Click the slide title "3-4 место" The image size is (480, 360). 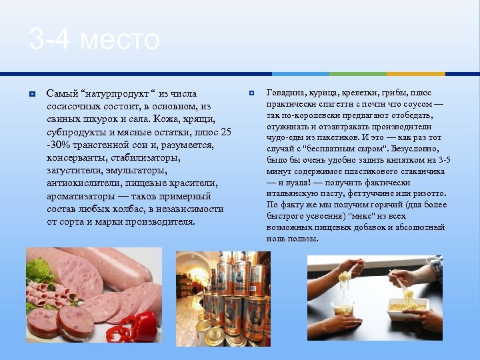coord(94,41)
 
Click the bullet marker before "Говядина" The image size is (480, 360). coord(251,92)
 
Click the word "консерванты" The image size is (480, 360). coord(76,158)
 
